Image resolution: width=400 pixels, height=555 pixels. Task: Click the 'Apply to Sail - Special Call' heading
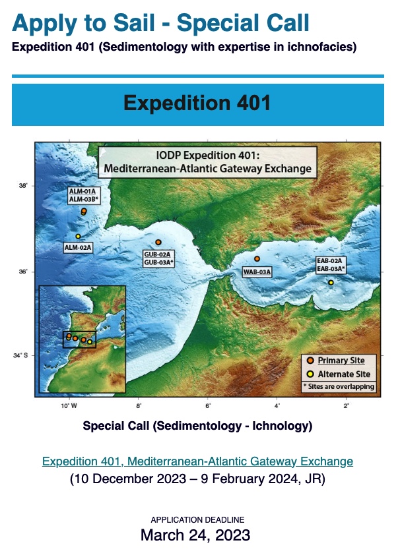160,23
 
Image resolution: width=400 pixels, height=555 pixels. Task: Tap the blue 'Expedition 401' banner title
197,104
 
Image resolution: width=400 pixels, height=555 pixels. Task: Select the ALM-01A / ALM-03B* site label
84,194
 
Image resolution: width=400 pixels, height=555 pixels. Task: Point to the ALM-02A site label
78,247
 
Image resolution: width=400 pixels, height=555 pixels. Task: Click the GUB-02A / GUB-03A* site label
158,258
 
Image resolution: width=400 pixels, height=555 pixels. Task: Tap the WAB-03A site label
257,271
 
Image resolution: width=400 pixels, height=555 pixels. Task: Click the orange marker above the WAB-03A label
257,259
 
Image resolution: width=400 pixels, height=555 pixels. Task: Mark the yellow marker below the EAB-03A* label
331,282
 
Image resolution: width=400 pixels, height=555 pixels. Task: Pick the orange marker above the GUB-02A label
158,243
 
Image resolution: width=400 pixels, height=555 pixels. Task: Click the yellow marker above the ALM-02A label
78,236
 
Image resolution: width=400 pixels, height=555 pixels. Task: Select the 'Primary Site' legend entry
341,361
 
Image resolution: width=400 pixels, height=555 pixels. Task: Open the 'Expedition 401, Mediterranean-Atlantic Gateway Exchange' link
197,461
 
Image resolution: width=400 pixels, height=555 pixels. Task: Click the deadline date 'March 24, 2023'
195,535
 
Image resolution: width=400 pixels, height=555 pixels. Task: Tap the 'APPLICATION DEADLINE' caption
197,520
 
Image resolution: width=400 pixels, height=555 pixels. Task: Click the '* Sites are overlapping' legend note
339,386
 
